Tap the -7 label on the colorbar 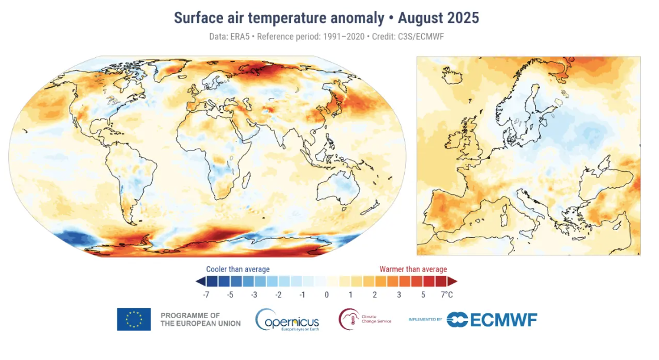coord(206,294)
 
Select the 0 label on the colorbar coord(326,294)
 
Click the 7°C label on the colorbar coord(447,294)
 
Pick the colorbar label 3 coord(399,294)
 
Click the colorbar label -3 coord(254,294)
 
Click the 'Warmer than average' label coord(413,270)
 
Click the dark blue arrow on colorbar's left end coord(201,281)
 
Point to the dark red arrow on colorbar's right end coord(453,281)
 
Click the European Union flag coord(133,319)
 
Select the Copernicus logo coord(287,320)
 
